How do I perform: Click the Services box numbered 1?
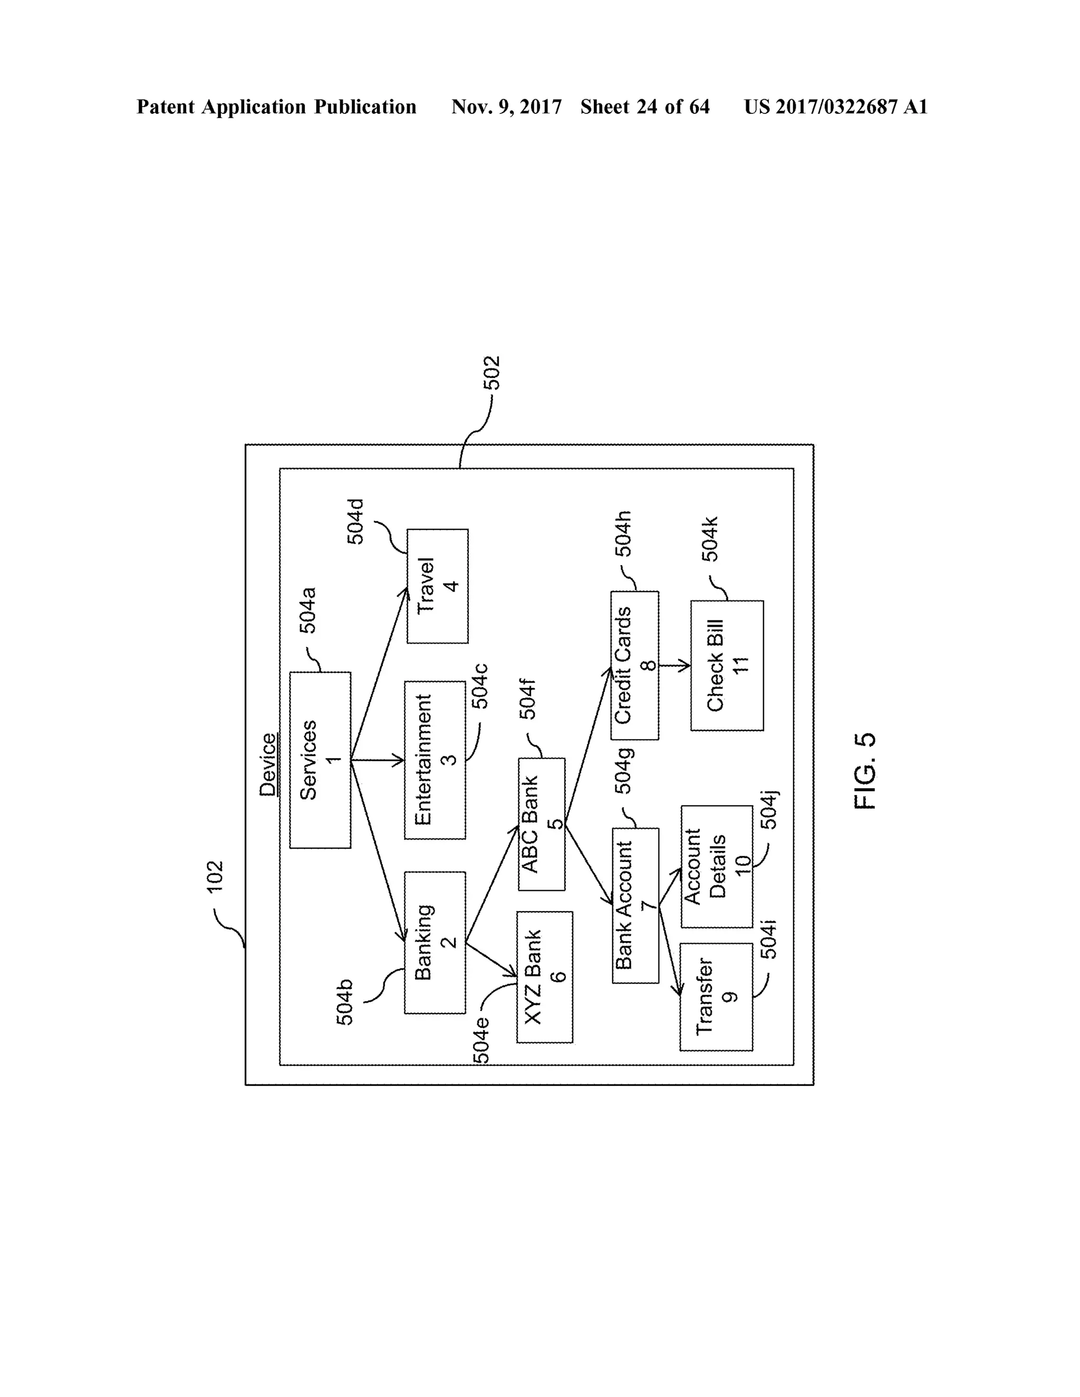(x=320, y=760)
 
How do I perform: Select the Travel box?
(x=438, y=585)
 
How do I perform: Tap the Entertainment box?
(x=435, y=760)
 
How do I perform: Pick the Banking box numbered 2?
(x=435, y=942)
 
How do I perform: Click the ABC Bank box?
(x=541, y=824)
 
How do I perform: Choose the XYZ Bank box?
(x=544, y=977)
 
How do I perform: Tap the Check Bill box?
(x=727, y=665)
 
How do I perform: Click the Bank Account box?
(x=635, y=905)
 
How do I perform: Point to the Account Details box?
(x=717, y=866)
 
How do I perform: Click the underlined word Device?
(x=267, y=764)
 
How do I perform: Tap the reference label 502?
(x=491, y=373)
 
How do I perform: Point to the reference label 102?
(x=215, y=876)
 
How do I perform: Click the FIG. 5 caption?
(x=864, y=771)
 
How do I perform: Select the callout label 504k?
(x=710, y=539)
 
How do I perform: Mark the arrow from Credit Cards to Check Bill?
(x=674, y=665)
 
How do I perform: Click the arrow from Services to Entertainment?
(x=378, y=760)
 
